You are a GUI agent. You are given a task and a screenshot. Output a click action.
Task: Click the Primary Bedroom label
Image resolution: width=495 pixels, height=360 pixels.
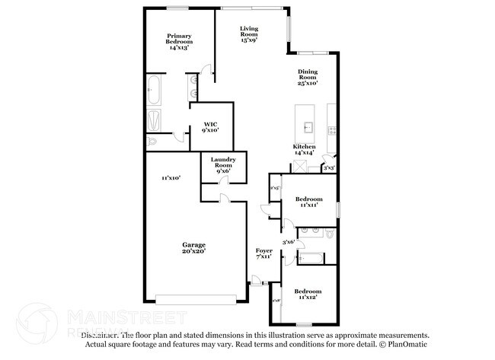180,42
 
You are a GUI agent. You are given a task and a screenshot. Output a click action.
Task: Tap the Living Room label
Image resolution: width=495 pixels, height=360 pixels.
249,33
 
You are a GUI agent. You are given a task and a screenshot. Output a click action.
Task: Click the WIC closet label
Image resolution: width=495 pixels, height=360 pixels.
210,127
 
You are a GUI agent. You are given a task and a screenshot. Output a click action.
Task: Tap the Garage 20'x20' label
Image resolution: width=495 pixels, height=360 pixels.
193,247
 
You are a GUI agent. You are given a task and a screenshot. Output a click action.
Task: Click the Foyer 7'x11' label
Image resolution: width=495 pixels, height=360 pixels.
263,253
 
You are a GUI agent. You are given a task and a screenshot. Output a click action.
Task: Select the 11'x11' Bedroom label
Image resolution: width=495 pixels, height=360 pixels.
308,202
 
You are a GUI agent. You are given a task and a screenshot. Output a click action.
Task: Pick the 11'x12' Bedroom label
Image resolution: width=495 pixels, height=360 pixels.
308,295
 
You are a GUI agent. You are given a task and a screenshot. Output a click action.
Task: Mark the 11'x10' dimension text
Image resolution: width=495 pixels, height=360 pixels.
170,178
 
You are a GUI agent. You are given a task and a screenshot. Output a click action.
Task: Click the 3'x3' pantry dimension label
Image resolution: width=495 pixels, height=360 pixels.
329,167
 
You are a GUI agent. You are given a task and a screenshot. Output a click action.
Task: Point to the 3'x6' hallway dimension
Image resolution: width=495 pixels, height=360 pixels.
289,242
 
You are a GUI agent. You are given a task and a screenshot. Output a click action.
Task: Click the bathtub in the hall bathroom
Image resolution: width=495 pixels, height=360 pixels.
309,256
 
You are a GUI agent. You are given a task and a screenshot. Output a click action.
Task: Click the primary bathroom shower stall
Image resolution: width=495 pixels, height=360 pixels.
153,119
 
